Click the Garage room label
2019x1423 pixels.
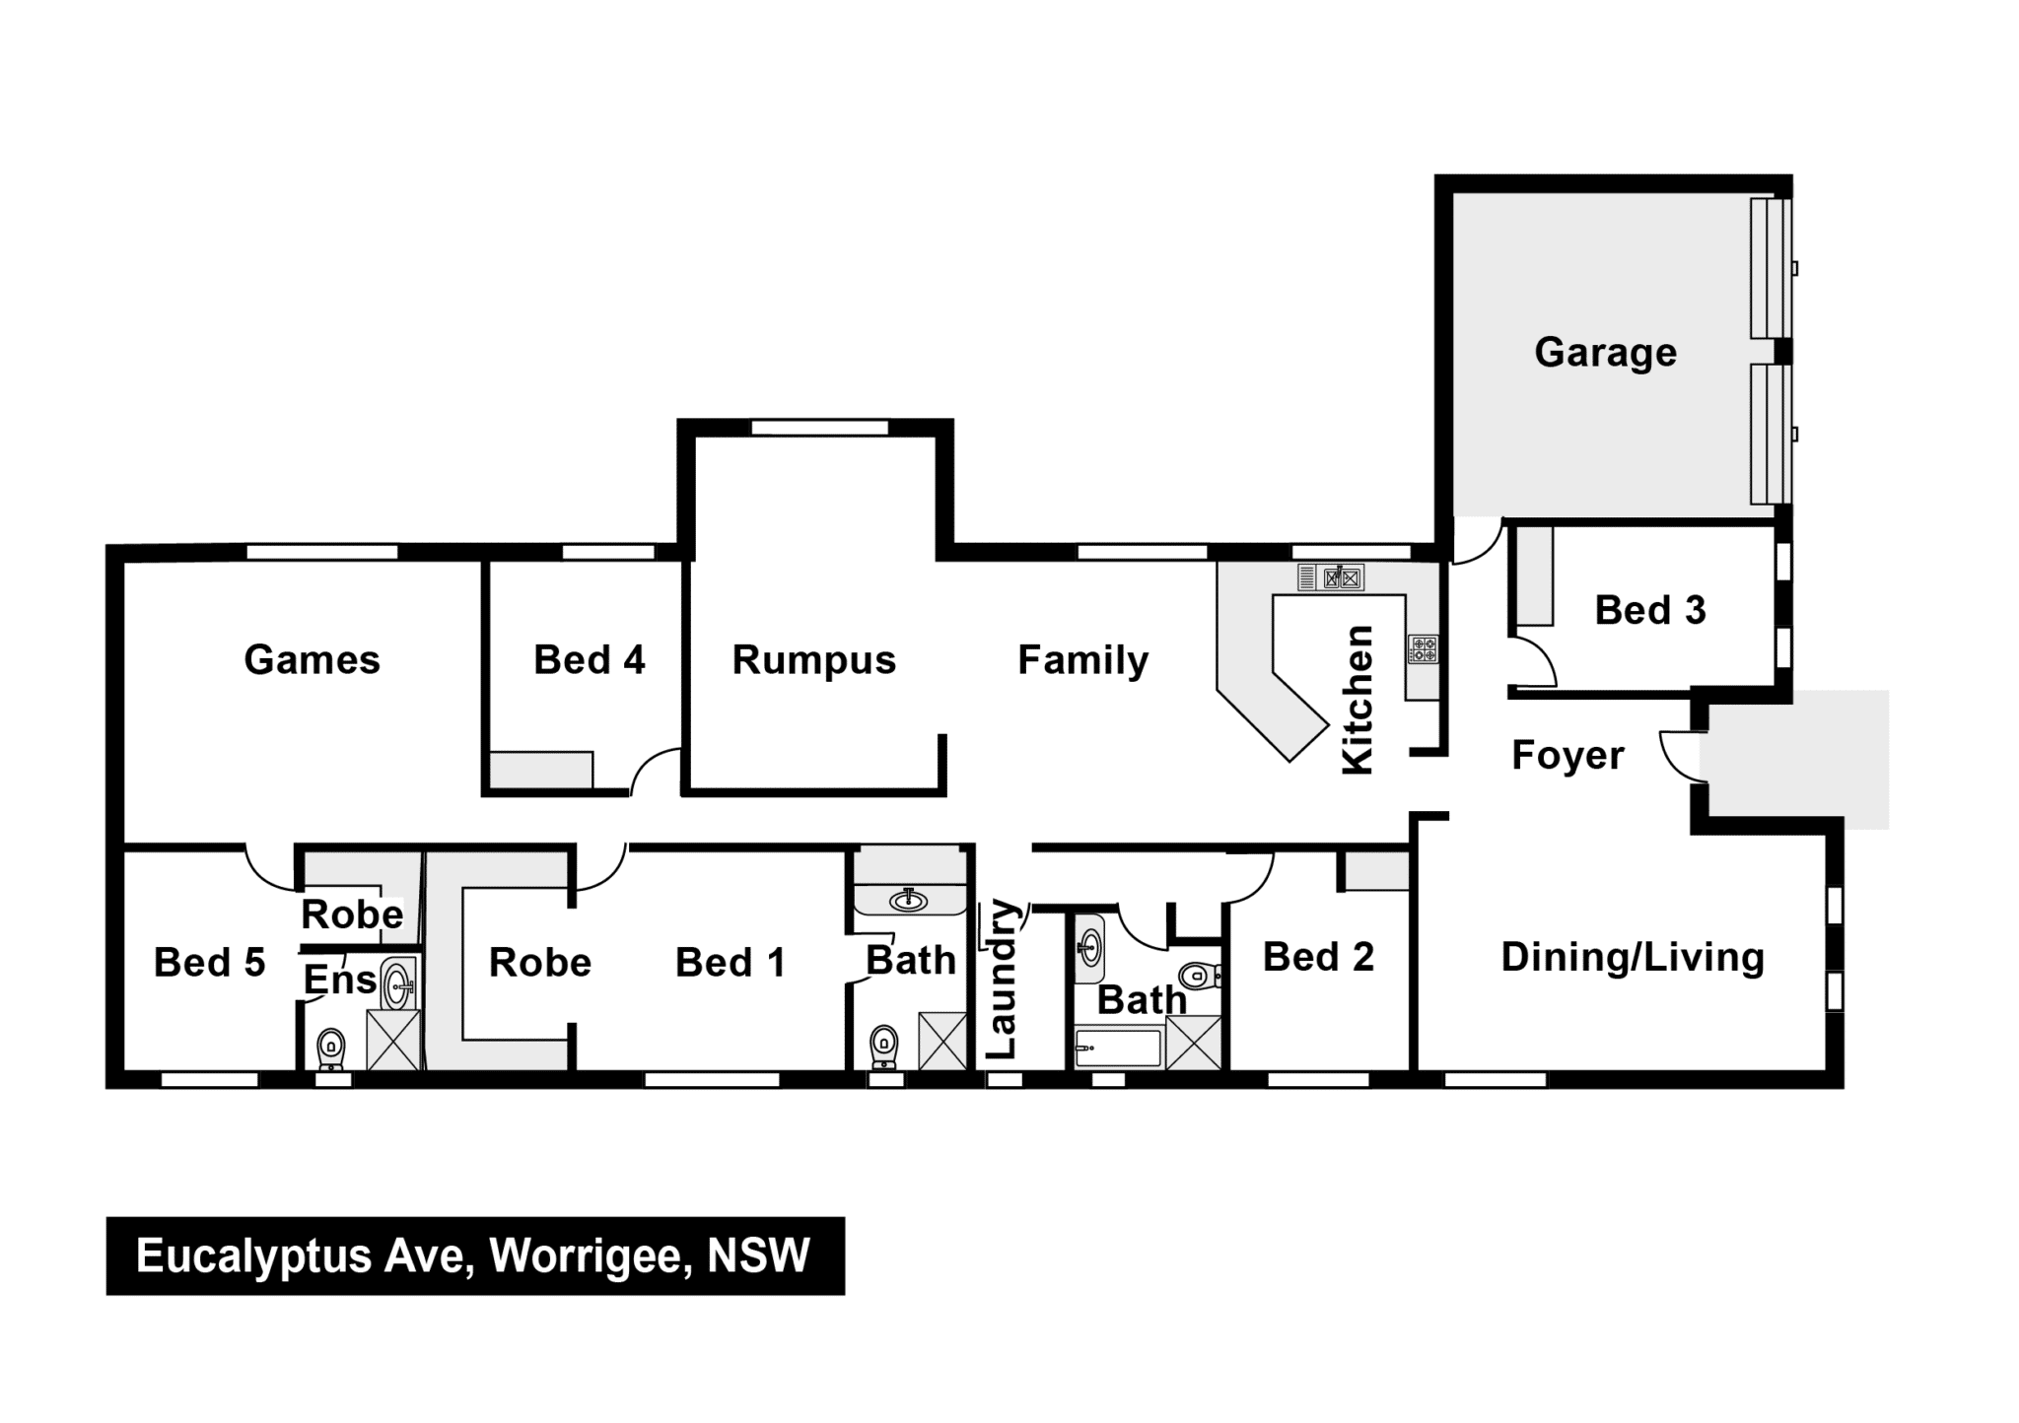(x=1605, y=353)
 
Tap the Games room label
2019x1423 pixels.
(x=312, y=660)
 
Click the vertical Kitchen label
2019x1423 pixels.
(x=1358, y=699)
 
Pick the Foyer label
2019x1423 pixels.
(x=1567, y=756)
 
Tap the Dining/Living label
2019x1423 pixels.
(x=1633, y=958)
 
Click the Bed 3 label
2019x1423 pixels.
(x=1650, y=611)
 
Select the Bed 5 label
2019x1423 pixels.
(x=209, y=963)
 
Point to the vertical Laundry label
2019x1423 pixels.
(x=1001, y=979)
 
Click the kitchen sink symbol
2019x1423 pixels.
(x=1331, y=577)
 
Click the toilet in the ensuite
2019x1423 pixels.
(x=331, y=1049)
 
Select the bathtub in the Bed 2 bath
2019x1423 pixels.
(x=1118, y=1049)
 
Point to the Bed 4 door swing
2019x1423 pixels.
(x=654, y=770)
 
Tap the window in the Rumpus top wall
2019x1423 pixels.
(x=819, y=428)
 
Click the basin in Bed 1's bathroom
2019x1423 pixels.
(x=908, y=900)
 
